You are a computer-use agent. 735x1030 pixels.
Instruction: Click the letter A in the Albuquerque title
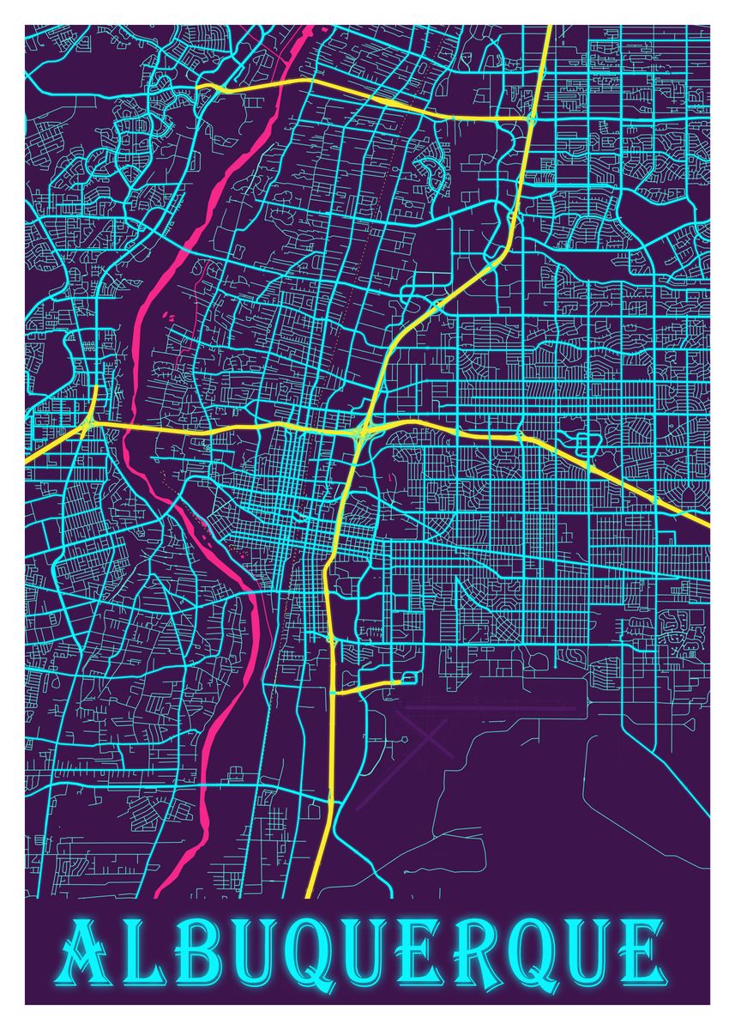[x=88, y=953]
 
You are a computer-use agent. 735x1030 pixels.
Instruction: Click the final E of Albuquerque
[x=642, y=953]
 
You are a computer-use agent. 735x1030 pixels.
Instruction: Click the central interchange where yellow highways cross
[x=361, y=429]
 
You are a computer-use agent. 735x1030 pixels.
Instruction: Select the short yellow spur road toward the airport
[x=364, y=687]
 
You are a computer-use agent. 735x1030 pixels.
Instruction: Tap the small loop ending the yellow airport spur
[x=407, y=679]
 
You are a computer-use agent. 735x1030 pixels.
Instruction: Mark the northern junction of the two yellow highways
[x=531, y=117]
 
